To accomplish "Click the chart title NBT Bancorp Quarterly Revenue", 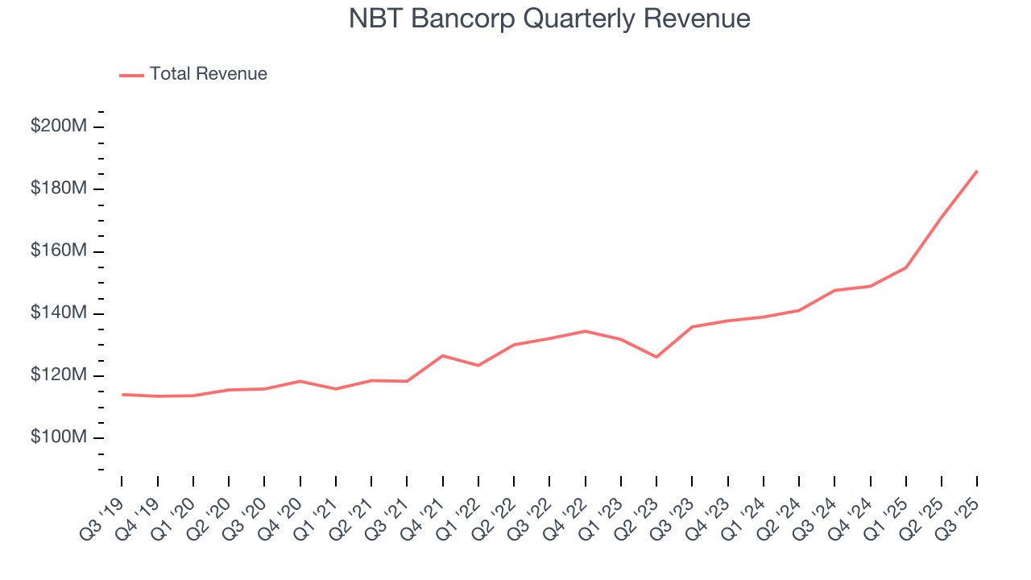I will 549,19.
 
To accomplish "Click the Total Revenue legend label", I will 208,74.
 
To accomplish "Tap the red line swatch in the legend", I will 131,75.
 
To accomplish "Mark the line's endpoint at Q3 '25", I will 977,171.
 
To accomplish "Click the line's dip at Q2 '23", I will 656,357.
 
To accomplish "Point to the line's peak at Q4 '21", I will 443,355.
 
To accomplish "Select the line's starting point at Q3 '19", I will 122,395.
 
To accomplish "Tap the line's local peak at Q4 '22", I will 586,331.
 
